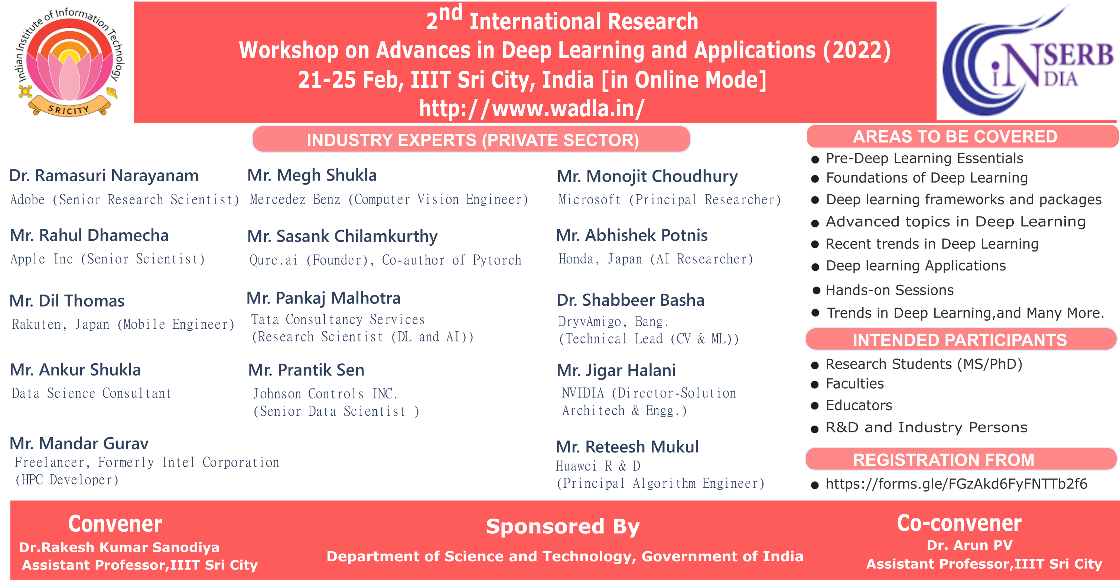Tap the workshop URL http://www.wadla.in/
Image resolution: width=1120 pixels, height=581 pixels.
pyautogui.click(x=532, y=108)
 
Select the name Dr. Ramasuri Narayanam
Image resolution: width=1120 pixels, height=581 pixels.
pyautogui.click(x=104, y=176)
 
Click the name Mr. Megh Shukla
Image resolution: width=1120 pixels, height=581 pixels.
pyautogui.click(x=312, y=175)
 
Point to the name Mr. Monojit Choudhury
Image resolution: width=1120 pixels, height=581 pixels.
pyautogui.click(x=647, y=176)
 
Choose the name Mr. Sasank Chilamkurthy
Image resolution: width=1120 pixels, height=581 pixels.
pyautogui.click(x=342, y=236)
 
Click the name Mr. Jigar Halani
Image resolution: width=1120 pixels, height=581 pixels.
pyautogui.click(x=616, y=370)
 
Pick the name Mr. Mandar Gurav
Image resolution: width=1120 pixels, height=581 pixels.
pyautogui.click(x=79, y=444)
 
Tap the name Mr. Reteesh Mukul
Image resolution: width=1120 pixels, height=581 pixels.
pyautogui.click(x=627, y=447)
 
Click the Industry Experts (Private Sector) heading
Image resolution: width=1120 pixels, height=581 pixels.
pyautogui.click(x=472, y=140)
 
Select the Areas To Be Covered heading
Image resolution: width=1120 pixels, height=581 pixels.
pyautogui.click(x=955, y=137)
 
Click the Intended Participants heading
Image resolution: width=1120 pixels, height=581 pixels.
pyautogui.click(x=959, y=340)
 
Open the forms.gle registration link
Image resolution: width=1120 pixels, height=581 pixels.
pyautogui.click(x=956, y=484)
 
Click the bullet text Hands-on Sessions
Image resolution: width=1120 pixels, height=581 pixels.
pyautogui.click(x=889, y=290)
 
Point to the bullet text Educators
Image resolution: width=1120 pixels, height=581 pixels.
pyautogui.click(x=859, y=405)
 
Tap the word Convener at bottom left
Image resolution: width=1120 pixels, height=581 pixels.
pyautogui.click(x=115, y=524)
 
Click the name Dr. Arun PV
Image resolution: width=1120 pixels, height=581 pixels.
pyautogui.click(x=970, y=545)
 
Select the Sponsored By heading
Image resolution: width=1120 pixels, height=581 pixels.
pyautogui.click(x=563, y=527)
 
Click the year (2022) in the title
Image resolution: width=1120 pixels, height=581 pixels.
pyautogui.click(x=856, y=51)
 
